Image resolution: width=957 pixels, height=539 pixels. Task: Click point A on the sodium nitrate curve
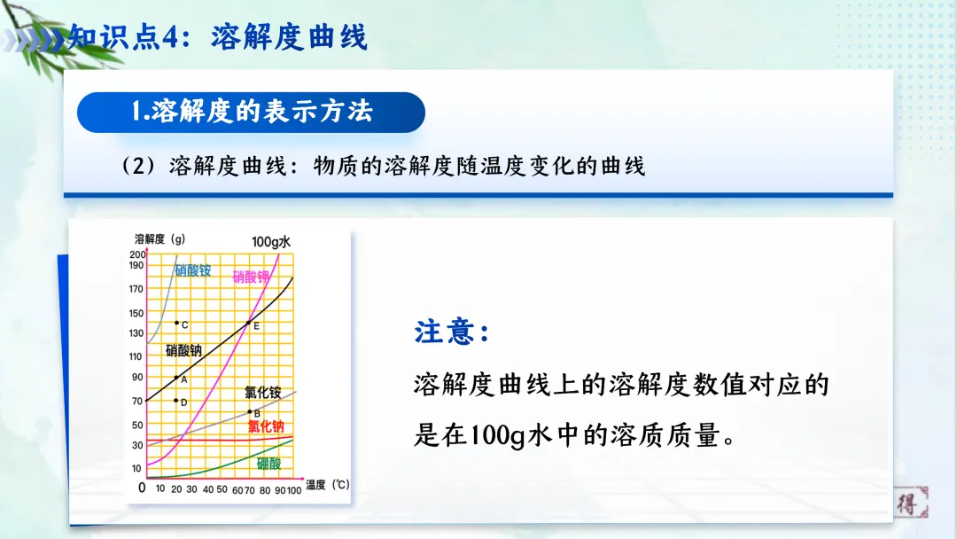[x=176, y=379]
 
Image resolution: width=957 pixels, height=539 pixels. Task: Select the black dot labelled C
[x=176, y=324]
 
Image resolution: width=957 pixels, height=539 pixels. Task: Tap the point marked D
[x=176, y=401]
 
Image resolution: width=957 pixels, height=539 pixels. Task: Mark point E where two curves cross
[x=248, y=322]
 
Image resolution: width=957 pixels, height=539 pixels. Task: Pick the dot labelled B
[x=250, y=411]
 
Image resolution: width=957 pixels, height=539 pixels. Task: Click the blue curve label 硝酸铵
[x=192, y=269]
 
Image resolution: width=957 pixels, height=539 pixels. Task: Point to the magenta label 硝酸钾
[x=251, y=277]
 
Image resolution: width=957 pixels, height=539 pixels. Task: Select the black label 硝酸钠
[x=183, y=350]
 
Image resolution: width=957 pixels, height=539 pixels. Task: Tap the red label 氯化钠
[x=266, y=426]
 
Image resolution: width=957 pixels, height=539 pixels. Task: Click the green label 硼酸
[x=268, y=463]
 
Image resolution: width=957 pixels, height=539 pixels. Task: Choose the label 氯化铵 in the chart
[x=262, y=392]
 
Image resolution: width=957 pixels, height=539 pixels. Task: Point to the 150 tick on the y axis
[x=136, y=313]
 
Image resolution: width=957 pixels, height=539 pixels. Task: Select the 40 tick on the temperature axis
[x=207, y=488]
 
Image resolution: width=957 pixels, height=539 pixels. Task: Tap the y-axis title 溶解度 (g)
[x=159, y=239]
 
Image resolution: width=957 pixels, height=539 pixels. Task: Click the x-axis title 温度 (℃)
[x=328, y=485]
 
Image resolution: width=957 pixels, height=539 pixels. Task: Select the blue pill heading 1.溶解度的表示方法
[x=251, y=112]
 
